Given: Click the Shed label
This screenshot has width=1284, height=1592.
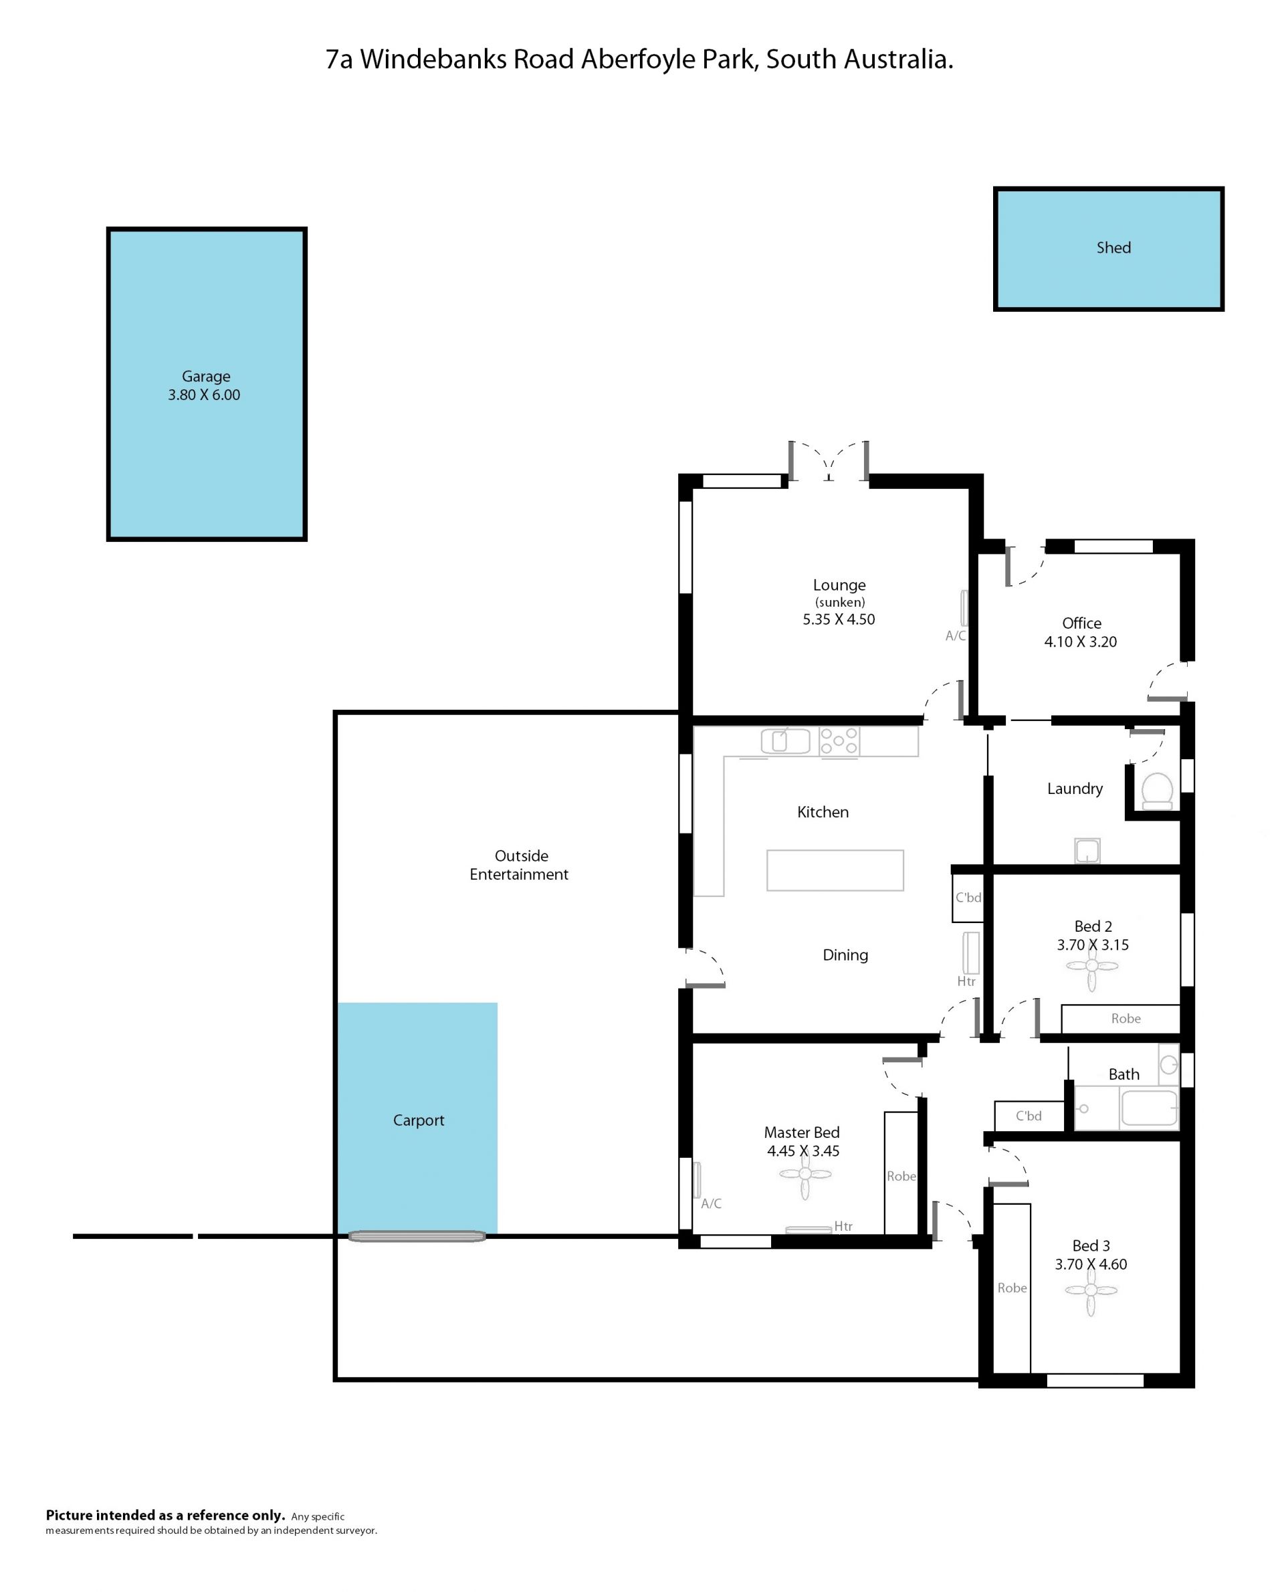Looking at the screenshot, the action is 1113,247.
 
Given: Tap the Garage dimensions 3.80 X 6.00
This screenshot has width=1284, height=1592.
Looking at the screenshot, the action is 204,395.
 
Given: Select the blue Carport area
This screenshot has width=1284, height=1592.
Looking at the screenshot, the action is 417,1118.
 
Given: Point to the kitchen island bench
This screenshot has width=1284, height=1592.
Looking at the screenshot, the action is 835,870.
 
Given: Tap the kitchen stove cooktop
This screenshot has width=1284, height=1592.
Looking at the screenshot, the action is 839,741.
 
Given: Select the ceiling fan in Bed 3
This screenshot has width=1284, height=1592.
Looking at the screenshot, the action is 1091,1290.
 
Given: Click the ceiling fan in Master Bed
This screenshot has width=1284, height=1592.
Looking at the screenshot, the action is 805,1174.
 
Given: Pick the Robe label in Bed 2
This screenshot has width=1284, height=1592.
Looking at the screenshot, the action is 1126,1019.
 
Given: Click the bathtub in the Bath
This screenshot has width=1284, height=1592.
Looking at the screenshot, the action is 1150,1108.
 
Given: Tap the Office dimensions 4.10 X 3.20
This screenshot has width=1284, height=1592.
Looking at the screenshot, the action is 1081,642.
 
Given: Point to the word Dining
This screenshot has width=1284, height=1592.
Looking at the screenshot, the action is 845,955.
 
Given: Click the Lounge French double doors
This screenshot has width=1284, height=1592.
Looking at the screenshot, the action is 829,462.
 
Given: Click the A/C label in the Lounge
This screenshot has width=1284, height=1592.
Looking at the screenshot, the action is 956,635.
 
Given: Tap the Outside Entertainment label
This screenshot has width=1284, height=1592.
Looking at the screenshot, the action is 519,865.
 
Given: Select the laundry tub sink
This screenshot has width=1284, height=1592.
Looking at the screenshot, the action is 1087,851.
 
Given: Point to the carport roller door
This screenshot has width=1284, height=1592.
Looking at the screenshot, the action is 417,1236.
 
